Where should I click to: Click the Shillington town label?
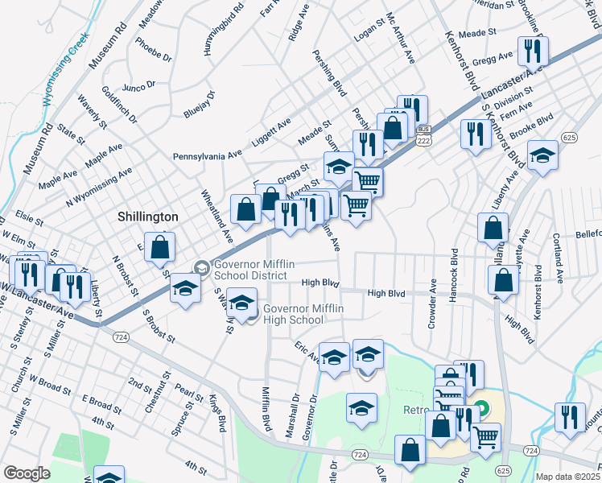pos(147,217)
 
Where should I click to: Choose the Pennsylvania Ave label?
pos(207,155)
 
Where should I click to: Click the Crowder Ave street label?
pos(433,296)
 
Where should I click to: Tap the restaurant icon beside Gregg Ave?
pos(533,52)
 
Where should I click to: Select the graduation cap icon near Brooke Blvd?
pos(542,156)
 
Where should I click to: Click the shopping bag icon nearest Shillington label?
pos(161,248)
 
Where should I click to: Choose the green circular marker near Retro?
pos(480,408)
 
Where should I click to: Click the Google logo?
pos(27,473)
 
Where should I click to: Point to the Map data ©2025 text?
pos(567,477)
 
